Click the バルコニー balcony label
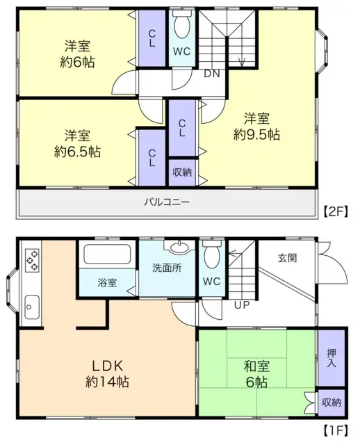pos(167,202)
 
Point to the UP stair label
pos(242,305)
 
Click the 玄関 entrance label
pos(288,258)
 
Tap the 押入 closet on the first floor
pos(332,358)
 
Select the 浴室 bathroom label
pos(107,284)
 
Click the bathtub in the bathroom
pos(107,254)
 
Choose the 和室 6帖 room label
pos(257,373)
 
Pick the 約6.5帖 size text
pos(76,151)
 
